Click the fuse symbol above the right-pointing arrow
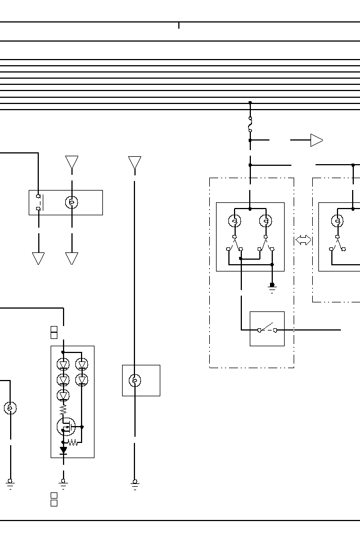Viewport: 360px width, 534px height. click(x=250, y=125)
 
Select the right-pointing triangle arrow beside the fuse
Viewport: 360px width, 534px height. click(x=317, y=140)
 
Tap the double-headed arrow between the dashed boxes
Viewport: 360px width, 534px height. click(x=303, y=240)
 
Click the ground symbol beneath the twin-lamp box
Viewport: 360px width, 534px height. click(x=272, y=288)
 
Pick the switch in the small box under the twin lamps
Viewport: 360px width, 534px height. click(x=267, y=329)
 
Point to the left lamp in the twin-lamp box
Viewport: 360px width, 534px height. click(x=235, y=221)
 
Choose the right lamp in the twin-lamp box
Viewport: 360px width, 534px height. click(x=265, y=221)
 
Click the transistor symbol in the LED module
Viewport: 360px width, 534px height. click(x=66, y=427)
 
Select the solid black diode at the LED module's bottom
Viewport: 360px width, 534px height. click(x=63, y=450)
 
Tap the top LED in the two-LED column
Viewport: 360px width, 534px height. click(x=82, y=365)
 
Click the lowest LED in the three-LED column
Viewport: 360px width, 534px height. click(x=63, y=395)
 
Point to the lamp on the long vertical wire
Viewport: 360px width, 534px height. click(x=135, y=381)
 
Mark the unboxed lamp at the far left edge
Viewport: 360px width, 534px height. click(x=10, y=408)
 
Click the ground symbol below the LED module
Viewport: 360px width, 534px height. click(x=63, y=483)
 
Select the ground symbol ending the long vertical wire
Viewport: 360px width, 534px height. click(x=135, y=483)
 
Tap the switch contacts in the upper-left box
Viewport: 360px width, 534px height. click(x=38, y=202)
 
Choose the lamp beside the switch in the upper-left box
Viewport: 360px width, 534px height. click(x=71, y=202)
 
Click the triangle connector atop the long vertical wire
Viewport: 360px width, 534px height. click(x=134, y=163)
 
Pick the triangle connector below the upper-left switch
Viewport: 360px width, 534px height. click(x=38, y=258)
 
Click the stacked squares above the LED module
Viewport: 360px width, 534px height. click(x=54, y=332)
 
